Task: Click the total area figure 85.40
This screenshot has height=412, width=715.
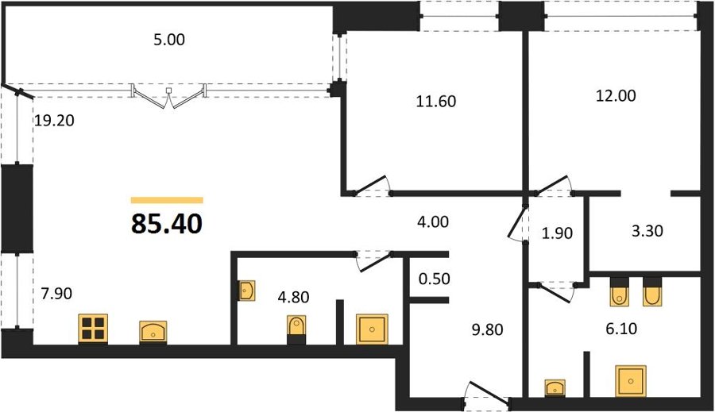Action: [x=167, y=224]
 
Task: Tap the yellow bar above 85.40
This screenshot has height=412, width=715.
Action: [x=167, y=200]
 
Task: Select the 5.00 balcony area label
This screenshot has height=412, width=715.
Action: [x=169, y=40]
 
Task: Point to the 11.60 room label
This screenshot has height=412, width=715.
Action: [x=436, y=101]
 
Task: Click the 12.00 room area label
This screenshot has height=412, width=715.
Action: [x=616, y=96]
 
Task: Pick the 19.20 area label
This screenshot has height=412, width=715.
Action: [x=54, y=121]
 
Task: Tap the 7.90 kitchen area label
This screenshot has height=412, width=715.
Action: [x=56, y=294]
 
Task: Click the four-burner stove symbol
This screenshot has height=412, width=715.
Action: [x=93, y=329]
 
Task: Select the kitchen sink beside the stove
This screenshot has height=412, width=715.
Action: [x=153, y=333]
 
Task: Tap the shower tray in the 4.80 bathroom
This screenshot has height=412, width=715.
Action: [x=372, y=329]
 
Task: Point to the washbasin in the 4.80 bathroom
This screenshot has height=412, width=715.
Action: [x=247, y=291]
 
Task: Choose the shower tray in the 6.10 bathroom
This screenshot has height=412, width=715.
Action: [x=630, y=380]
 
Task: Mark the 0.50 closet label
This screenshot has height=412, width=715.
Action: [x=435, y=279]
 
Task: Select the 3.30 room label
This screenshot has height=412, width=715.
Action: [x=647, y=231]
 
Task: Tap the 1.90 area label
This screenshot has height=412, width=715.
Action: [x=557, y=233]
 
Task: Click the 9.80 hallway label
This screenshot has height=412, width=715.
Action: [x=488, y=329]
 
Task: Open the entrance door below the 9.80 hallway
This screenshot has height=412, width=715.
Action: [x=486, y=394]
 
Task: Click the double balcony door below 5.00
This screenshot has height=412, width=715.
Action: [x=168, y=96]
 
